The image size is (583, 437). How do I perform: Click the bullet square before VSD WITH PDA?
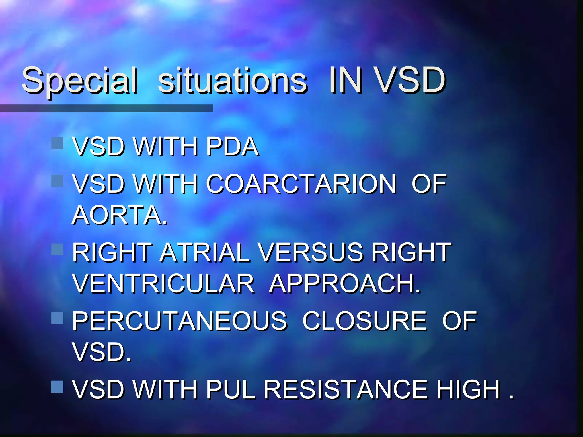tap(57, 143)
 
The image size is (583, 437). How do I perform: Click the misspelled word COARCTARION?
tap(301, 184)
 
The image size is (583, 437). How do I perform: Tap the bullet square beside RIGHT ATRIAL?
tap(57, 250)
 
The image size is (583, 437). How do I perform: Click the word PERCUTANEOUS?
tap(179, 321)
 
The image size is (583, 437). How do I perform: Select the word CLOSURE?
tap(364, 321)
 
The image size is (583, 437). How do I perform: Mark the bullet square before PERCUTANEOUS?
tap(57, 318)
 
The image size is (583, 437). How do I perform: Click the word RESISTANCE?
tap(346, 389)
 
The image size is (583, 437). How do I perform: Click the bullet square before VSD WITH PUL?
tap(57, 387)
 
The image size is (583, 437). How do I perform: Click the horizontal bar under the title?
tap(106, 108)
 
